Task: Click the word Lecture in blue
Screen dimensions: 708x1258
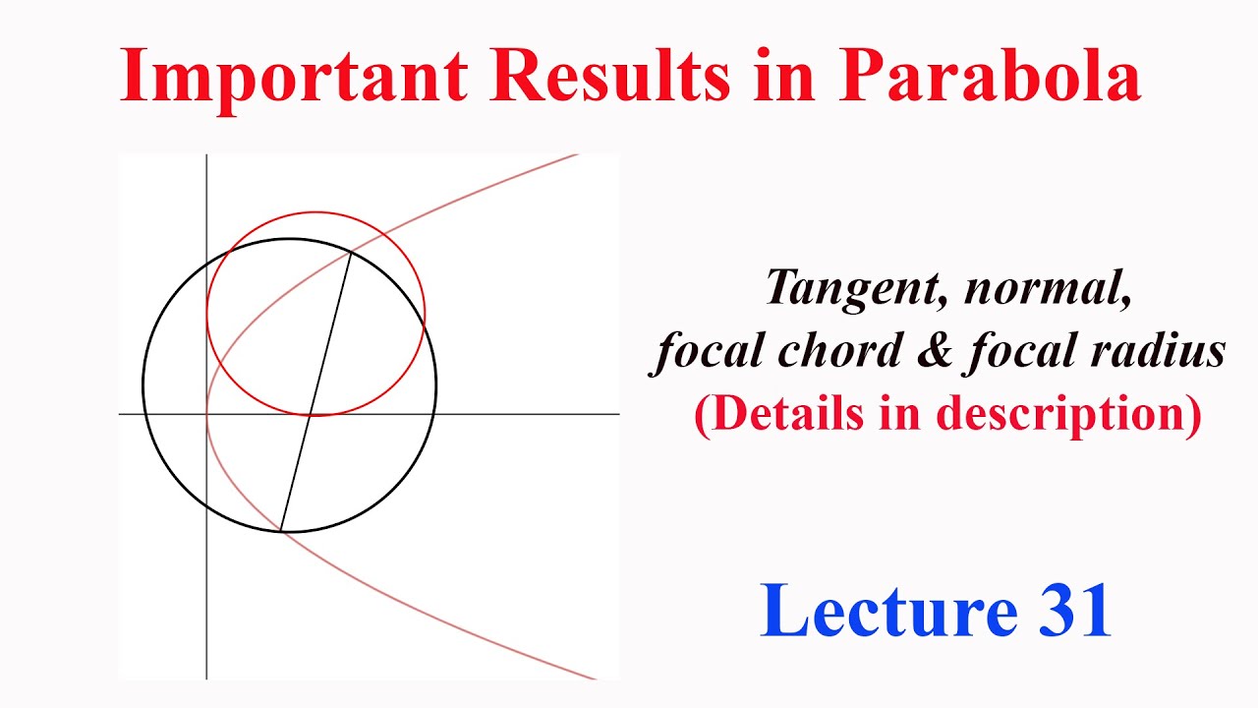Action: coord(887,610)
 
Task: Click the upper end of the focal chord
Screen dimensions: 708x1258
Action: coord(351,254)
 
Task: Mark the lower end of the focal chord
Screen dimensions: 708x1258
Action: coord(281,531)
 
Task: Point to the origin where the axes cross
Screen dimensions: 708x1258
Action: coord(206,414)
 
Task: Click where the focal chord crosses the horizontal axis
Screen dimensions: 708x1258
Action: coord(311,414)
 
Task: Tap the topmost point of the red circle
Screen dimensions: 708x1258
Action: coord(315,212)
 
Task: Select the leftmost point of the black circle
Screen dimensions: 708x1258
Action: coord(143,385)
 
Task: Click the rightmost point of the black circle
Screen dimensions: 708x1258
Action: coord(436,385)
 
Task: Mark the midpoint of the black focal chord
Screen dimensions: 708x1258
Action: coord(315,392)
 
